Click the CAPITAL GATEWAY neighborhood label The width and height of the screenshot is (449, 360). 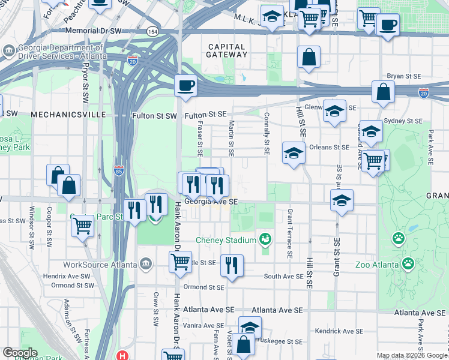point(227,50)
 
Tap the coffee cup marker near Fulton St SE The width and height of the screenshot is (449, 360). point(185,85)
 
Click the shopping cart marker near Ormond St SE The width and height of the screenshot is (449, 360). point(180,262)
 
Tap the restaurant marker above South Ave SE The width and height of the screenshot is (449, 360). point(232,265)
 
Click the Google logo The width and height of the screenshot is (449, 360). point(20,352)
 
